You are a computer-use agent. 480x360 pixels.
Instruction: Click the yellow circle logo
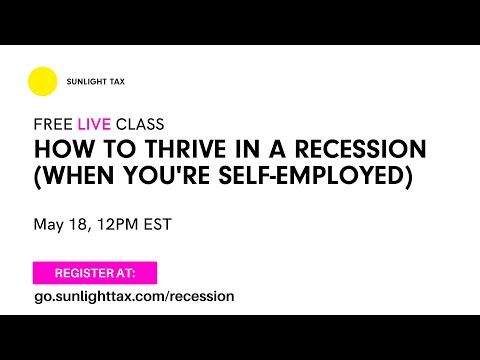coord(43,81)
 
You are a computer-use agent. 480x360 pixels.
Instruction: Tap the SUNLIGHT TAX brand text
coord(98,82)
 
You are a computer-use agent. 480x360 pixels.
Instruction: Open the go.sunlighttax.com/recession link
coord(134,296)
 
